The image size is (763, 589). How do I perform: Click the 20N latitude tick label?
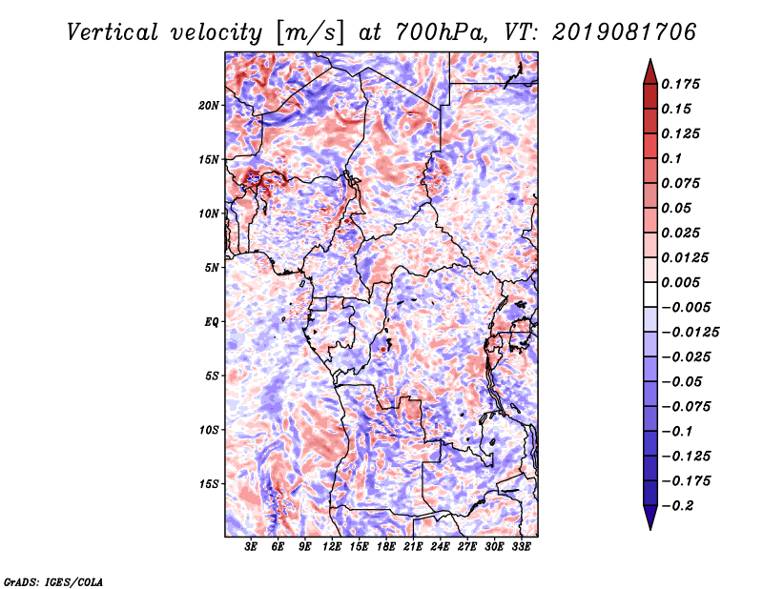pos(208,106)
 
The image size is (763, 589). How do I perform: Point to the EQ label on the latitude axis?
pos(211,322)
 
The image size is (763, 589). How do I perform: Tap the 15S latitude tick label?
pos(209,484)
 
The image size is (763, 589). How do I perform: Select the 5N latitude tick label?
pos(212,268)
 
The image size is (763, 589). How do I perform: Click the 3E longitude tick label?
pos(251,547)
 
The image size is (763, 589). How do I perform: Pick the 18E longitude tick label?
pos(385,547)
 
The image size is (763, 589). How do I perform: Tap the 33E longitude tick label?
pos(521,547)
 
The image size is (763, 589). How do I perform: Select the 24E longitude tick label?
pos(440,547)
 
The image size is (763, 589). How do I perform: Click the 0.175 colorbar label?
pos(680,84)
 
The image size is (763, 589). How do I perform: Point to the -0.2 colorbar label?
pos(677,506)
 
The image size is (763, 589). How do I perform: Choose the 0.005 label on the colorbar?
pos(680,282)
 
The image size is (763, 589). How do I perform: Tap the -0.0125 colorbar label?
pos(690,333)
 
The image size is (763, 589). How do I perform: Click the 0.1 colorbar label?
pos(671,158)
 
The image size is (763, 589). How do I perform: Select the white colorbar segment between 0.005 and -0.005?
pos(650,294)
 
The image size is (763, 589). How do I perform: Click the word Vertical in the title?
pos(113,32)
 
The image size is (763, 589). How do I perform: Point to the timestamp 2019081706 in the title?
pos(625,32)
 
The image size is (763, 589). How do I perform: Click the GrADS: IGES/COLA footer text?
pos(53,581)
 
